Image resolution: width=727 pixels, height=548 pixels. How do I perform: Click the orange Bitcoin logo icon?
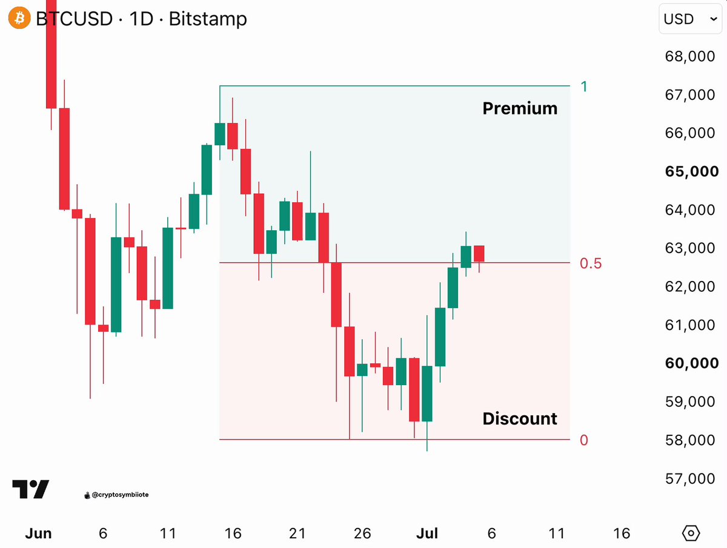[19, 18]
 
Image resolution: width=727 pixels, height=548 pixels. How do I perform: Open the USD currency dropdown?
[690, 19]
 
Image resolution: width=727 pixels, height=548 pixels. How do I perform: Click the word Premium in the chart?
[520, 108]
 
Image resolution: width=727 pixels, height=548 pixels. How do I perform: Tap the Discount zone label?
[520, 418]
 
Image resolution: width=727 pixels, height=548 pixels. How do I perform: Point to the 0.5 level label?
[591, 263]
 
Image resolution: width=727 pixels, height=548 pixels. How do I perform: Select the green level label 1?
[584, 87]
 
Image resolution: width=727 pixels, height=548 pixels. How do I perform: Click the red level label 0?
[584, 440]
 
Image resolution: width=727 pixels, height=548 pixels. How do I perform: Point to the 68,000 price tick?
[690, 56]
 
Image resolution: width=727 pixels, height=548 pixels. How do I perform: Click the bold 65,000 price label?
[692, 171]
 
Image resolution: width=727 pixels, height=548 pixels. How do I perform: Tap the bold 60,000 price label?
[692, 363]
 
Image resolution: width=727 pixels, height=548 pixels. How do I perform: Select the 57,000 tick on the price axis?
[690, 478]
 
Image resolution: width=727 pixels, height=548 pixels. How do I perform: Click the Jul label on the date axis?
[427, 533]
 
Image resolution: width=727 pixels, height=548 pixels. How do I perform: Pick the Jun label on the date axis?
[38, 533]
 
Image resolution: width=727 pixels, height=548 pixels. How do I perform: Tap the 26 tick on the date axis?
[362, 533]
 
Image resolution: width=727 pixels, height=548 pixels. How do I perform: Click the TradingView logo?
[30, 489]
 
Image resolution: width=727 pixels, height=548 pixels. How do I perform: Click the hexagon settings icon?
[691, 533]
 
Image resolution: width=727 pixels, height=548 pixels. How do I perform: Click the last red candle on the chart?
[479, 254]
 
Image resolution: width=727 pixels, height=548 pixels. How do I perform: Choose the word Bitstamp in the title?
[208, 19]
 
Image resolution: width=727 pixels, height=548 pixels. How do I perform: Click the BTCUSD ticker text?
[74, 19]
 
